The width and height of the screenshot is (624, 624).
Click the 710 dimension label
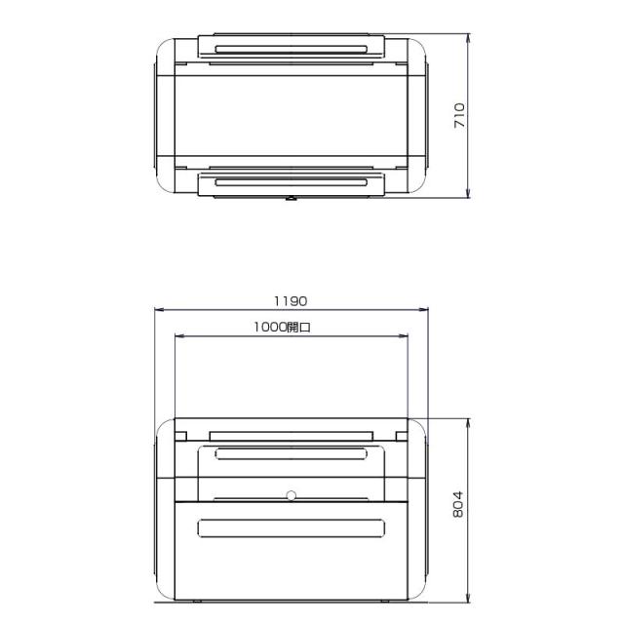click(459, 115)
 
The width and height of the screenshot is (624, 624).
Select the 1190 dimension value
click(291, 301)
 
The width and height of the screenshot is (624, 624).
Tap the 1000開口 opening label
click(282, 328)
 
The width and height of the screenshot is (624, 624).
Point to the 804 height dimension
click(458, 504)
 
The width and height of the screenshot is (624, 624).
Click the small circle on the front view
click(292, 495)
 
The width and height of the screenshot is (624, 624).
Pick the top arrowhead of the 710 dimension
click(468, 39)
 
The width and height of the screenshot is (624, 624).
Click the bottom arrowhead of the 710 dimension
click(468, 192)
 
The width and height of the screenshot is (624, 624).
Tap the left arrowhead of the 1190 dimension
click(160, 309)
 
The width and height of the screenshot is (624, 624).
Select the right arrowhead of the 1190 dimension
click(422, 309)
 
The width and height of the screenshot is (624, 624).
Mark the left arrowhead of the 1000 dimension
click(180, 336)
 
